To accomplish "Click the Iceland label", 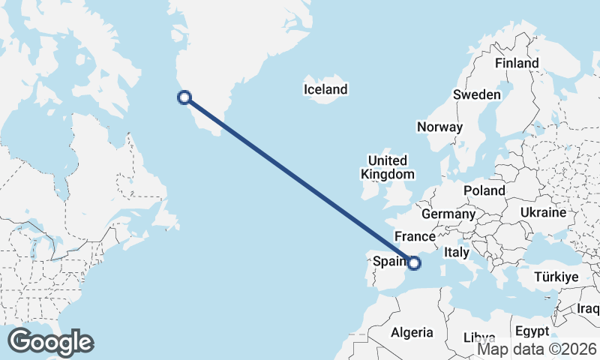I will click(x=325, y=90).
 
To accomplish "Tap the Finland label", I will click(x=517, y=64).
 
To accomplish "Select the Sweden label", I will click(x=476, y=95).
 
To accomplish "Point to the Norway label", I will click(x=440, y=127).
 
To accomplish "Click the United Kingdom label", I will click(x=387, y=167).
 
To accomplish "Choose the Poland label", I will click(x=484, y=190).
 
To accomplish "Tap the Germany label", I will click(x=448, y=214).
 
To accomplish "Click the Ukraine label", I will click(x=542, y=213).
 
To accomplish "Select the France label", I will click(x=415, y=235).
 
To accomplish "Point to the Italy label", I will click(x=457, y=253).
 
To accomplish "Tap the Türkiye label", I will click(x=556, y=277).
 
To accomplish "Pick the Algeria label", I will click(x=412, y=332).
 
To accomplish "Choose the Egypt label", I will click(x=532, y=331).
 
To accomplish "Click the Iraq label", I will click(x=589, y=308).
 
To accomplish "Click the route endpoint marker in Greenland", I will click(x=184, y=97).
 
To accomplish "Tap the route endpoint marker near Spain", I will click(x=414, y=262).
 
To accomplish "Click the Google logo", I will click(x=50, y=342).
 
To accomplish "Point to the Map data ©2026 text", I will click(x=537, y=349).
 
